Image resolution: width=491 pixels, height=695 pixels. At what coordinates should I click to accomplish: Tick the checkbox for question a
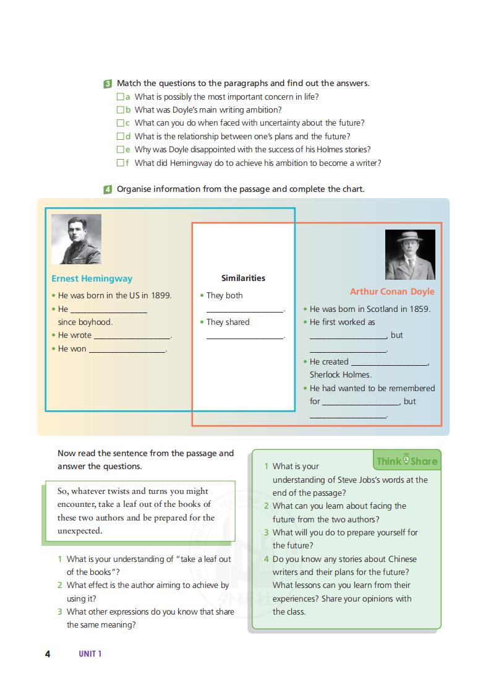point(121,97)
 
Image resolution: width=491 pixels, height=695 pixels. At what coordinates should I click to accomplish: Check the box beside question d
point(121,136)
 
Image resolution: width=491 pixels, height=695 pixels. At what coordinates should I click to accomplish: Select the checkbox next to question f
point(121,163)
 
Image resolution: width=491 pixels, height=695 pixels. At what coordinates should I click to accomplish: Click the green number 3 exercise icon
point(108,84)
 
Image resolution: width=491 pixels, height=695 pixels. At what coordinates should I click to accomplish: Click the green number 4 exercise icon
point(108,189)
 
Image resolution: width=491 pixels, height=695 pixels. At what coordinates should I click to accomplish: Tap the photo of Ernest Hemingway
point(76,239)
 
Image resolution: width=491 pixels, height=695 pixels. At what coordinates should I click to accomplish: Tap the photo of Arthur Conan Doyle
point(410,254)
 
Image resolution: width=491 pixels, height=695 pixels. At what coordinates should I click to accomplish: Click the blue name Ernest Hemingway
point(92,278)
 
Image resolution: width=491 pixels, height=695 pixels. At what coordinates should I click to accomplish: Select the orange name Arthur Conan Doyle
point(392,291)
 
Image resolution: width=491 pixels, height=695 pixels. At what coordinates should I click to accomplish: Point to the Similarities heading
point(243,278)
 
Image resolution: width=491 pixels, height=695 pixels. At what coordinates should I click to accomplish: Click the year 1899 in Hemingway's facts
point(161,295)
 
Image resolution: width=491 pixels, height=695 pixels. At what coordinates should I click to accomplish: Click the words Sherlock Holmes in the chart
point(341,374)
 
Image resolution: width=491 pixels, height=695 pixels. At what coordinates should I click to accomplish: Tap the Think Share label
point(407,461)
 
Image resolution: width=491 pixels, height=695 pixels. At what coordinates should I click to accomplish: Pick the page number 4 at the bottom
point(48,654)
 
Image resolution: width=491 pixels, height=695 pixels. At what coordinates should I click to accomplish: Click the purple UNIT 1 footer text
point(90,654)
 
